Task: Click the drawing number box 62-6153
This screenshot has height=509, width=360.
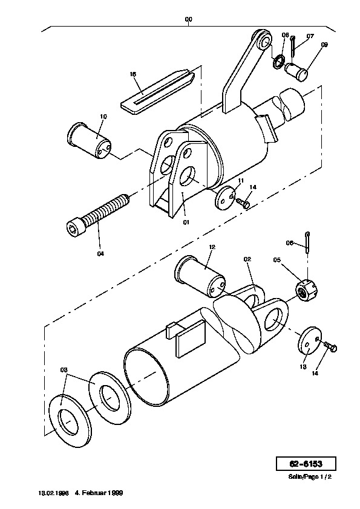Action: (x=306, y=464)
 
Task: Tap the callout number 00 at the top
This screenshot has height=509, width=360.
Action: (x=188, y=19)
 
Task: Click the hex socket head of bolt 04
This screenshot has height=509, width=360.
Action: (x=74, y=226)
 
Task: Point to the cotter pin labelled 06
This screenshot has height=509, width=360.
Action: (x=307, y=242)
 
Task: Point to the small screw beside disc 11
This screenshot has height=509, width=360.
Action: (x=243, y=203)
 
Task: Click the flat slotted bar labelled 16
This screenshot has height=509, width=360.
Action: (x=157, y=91)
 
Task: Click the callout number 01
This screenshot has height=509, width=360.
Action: (x=186, y=222)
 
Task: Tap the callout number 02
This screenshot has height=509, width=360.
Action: (x=247, y=259)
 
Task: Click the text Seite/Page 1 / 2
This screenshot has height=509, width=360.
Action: (x=310, y=477)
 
